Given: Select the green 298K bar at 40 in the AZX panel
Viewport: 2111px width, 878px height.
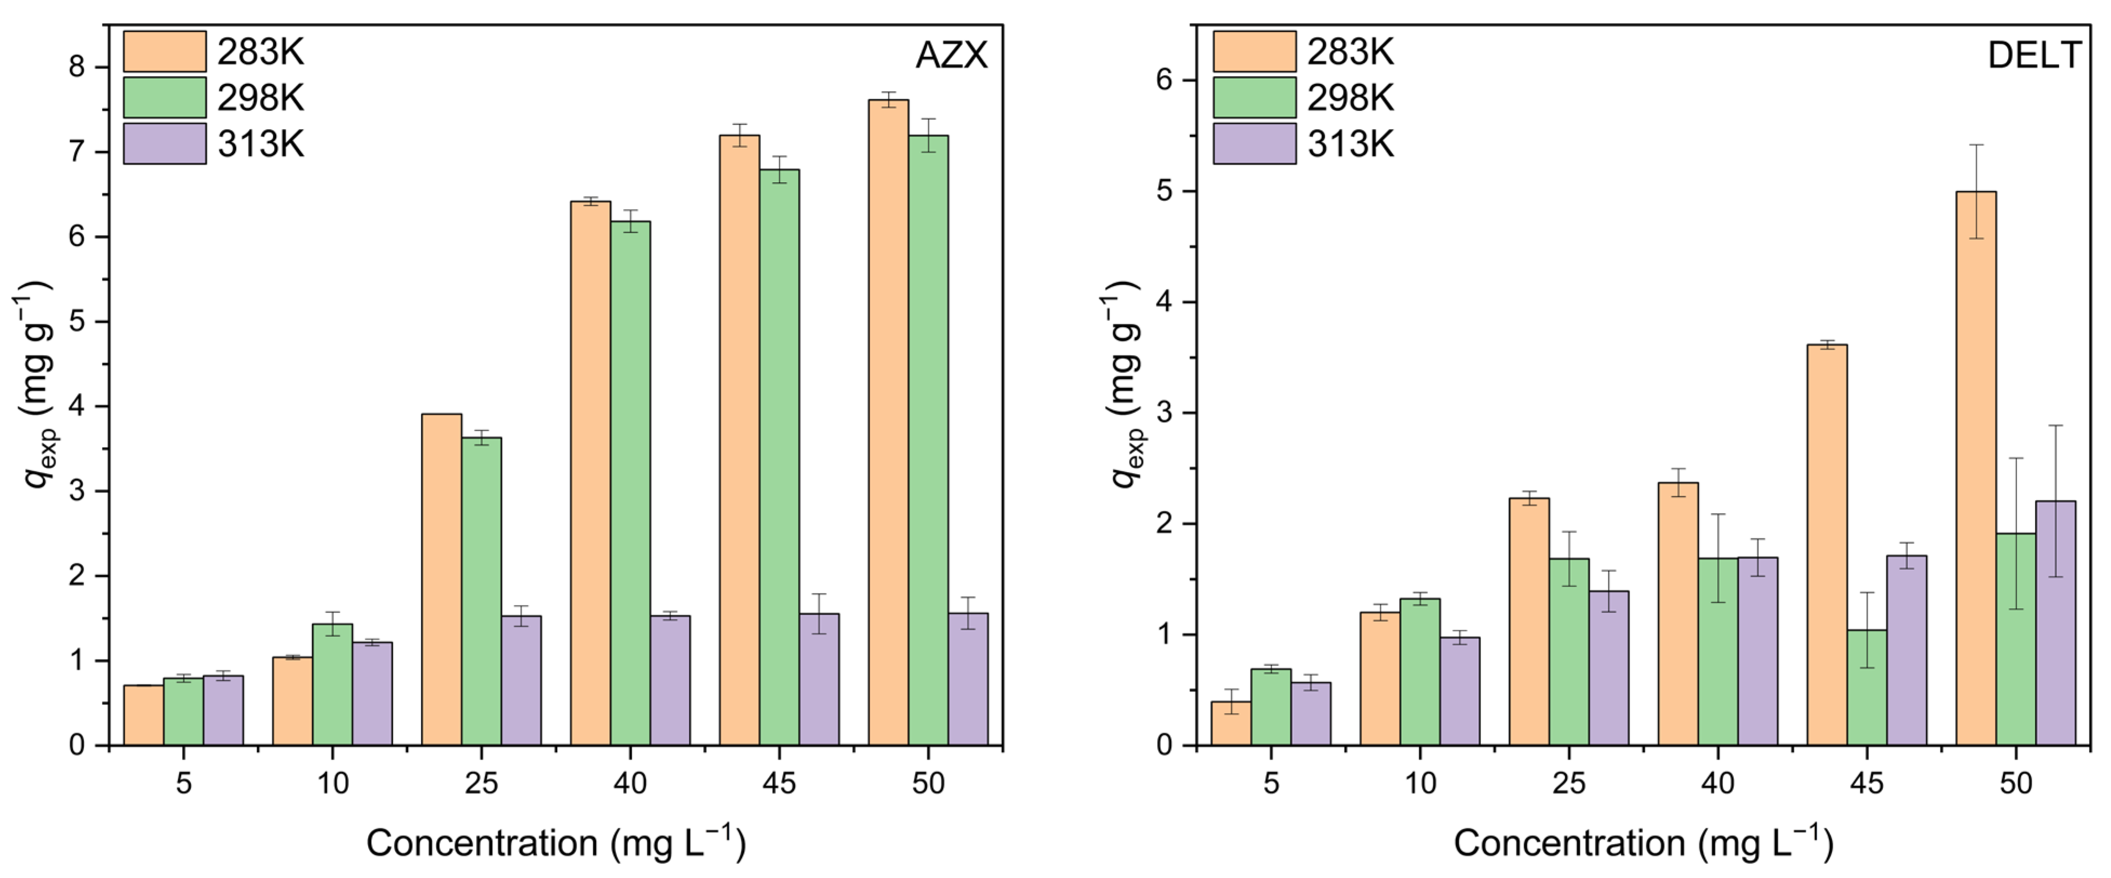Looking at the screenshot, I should click(x=630, y=484).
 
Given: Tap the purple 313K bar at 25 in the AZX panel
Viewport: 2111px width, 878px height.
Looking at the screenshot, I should click(x=521, y=681).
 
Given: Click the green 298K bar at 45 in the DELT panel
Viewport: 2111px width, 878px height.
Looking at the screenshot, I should click(x=1867, y=689).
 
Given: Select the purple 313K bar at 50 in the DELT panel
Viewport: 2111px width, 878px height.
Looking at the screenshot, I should click(x=2055, y=623).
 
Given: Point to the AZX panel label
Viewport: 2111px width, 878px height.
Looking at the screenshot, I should click(x=951, y=56).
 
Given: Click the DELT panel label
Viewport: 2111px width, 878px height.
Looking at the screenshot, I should click(x=2034, y=56).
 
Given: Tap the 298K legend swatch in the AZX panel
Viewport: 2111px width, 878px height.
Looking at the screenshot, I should click(x=165, y=97).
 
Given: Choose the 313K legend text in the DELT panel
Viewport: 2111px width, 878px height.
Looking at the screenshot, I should click(x=1350, y=144).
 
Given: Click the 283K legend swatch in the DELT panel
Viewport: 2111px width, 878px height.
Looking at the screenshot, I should click(x=1254, y=52).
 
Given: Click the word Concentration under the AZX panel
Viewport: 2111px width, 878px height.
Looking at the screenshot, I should click(x=482, y=843).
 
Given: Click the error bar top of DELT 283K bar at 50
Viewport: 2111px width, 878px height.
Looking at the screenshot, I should click(x=1976, y=145).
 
